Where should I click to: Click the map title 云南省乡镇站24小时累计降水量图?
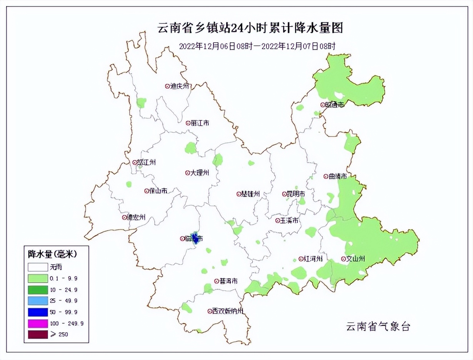[x=250, y=28]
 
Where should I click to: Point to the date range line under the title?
[x=258, y=47]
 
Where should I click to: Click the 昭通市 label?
[x=335, y=105]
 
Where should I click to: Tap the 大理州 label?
[x=200, y=173]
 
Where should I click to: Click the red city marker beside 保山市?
[x=147, y=191]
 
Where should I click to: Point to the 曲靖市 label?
[x=338, y=177]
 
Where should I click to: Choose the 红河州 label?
[x=313, y=259]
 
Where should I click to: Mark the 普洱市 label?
[x=228, y=281]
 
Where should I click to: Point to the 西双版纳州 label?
[x=228, y=311]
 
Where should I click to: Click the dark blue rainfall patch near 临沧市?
[x=195, y=239]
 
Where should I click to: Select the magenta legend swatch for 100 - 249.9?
[x=38, y=323]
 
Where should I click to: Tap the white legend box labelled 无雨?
[x=38, y=267]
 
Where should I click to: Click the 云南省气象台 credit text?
[x=378, y=327]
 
